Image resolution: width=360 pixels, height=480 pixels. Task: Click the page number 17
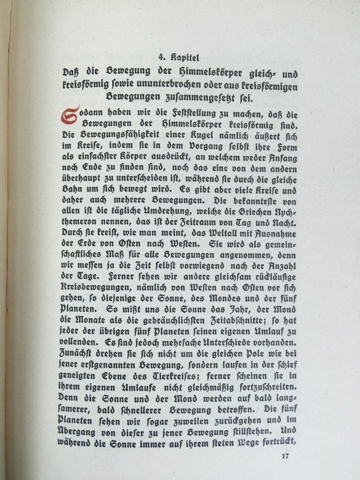[x=285, y=457]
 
